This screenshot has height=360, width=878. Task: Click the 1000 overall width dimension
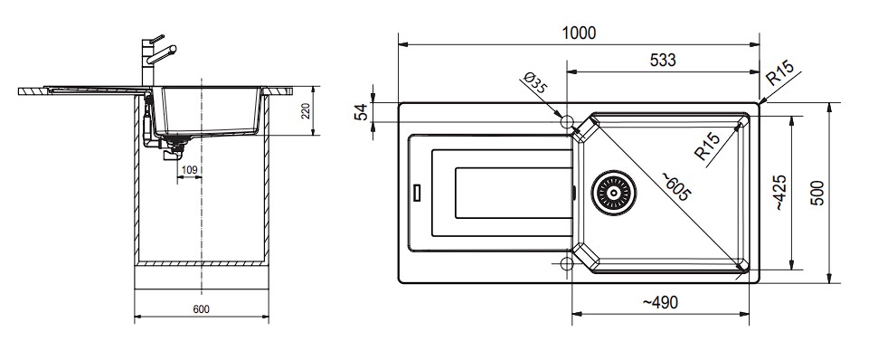coord(579,33)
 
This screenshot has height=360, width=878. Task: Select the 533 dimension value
coord(663,60)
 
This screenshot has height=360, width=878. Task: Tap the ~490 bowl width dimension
coord(659,302)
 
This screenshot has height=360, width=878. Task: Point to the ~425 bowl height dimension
coord(781,192)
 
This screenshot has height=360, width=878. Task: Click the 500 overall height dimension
coord(818,193)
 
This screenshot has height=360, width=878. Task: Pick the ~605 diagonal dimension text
coord(675,186)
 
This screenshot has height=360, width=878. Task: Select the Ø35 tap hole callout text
coord(533,83)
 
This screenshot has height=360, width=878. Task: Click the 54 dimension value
coord(363,112)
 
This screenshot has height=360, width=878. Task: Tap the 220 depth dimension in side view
coord(305,110)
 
